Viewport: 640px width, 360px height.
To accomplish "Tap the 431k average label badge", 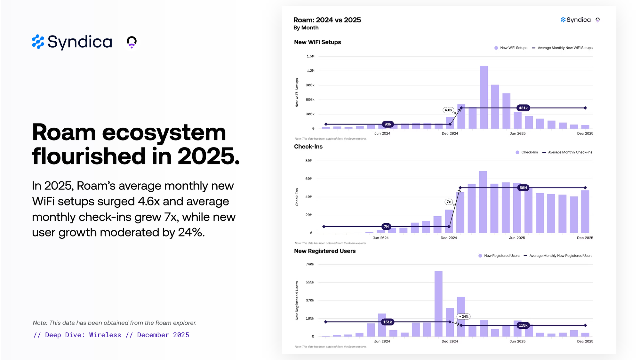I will (x=523, y=108).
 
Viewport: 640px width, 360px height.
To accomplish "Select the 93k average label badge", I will (x=388, y=124).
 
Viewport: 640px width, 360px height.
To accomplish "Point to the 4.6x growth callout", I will (x=448, y=110).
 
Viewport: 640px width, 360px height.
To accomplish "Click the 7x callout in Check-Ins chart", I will (x=449, y=202).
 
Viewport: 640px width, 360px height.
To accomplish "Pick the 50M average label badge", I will (x=523, y=188).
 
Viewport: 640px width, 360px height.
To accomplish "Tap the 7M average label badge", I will (x=386, y=227).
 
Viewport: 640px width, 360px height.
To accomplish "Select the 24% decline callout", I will (x=464, y=316).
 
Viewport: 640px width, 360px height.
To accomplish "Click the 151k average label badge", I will (x=388, y=322).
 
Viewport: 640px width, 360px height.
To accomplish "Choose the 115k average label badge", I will (x=523, y=325).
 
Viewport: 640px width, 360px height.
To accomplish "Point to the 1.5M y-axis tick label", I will (x=310, y=56).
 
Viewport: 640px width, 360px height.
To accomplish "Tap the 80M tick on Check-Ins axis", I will (x=309, y=161).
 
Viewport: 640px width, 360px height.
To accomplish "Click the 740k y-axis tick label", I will (x=310, y=264).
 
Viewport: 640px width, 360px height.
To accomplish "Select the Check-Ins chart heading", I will (x=308, y=147).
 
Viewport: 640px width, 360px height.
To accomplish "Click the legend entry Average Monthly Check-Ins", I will (x=570, y=152).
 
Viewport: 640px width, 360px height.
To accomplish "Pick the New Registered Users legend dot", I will (x=480, y=256).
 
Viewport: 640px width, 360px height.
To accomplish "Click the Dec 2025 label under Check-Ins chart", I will (x=585, y=238).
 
